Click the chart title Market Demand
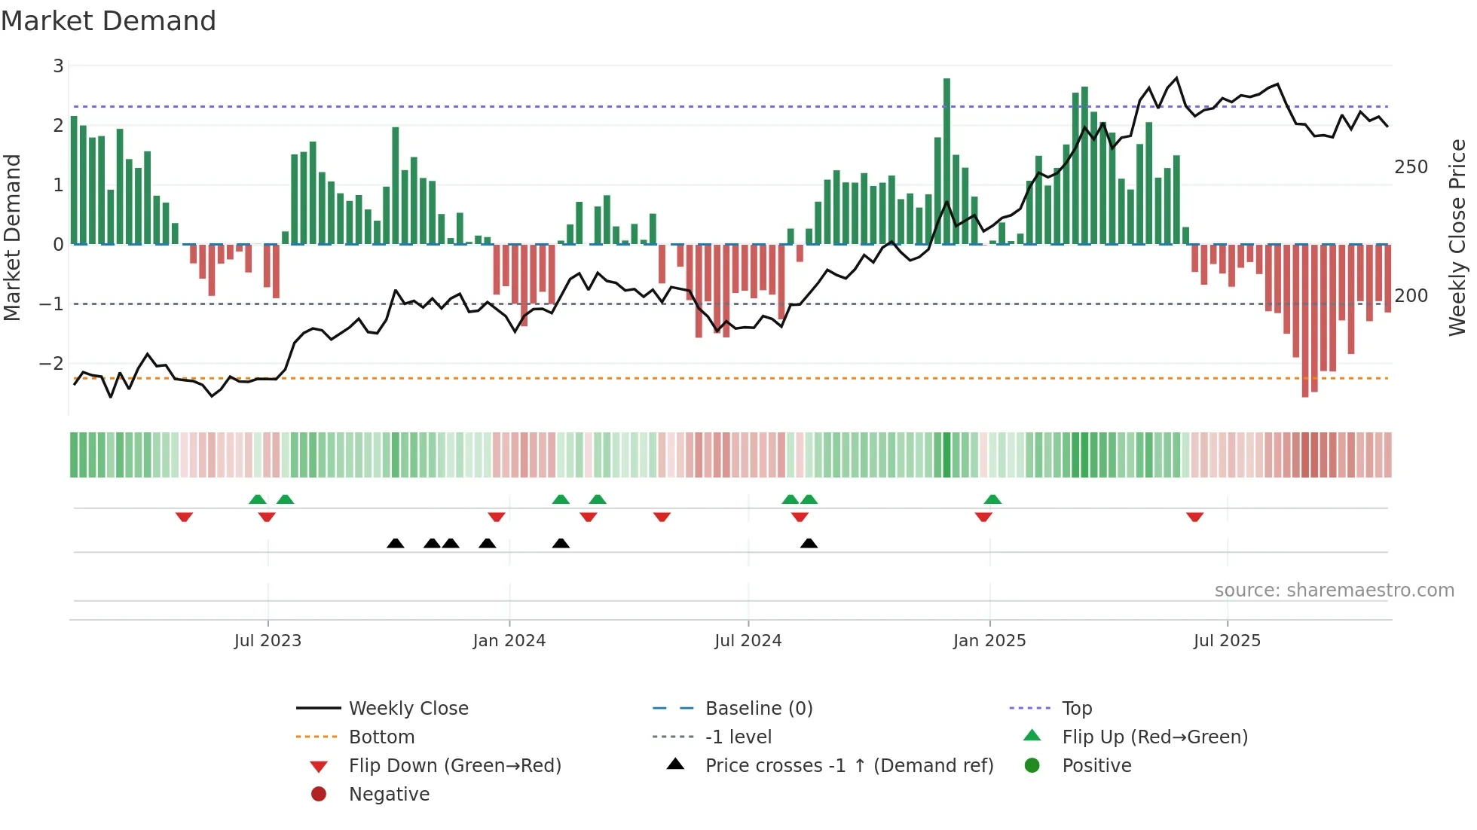click(x=109, y=21)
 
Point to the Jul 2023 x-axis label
click(x=268, y=641)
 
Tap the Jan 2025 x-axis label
click(x=989, y=641)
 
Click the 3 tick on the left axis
click(x=58, y=66)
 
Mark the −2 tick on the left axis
click(x=52, y=364)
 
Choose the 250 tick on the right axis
click(x=1411, y=167)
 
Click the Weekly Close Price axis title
click(x=1457, y=237)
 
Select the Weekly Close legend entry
click(x=408, y=709)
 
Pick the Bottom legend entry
click(x=381, y=737)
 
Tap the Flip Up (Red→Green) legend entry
click(x=1154, y=737)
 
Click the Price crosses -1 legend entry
click(x=849, y=766)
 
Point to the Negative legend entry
click(x=389, y=795)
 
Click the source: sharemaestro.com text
click(x=1334, y=590)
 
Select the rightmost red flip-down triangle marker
click(x=1194, y=517)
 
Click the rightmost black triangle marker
click(x=809, y=544)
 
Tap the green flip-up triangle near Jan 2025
click(x=992, y=499)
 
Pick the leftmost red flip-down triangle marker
click(x=184, y=517)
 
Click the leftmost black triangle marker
click(x=395, y=544)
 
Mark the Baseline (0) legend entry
click(x=758, y=709)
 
